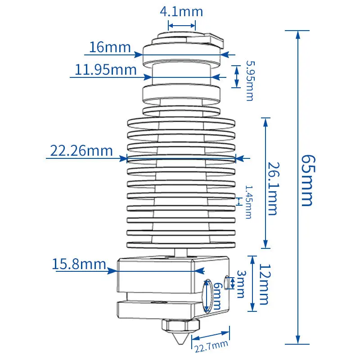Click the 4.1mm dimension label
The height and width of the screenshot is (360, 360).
coord(181,12)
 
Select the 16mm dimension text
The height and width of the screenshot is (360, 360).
coord(110,47)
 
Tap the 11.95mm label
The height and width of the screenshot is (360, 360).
coord(106,70)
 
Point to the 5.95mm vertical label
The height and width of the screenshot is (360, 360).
coord(250,81)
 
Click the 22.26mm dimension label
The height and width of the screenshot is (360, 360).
coord(81,151)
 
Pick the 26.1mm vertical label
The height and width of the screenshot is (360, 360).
coord(274,189)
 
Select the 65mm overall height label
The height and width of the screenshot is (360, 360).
coord(308,181)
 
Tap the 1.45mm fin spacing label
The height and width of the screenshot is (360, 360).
coord(249,202)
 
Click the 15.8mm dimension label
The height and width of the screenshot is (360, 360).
coord(79,264)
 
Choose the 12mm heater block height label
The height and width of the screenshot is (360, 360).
coord(265,284)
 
